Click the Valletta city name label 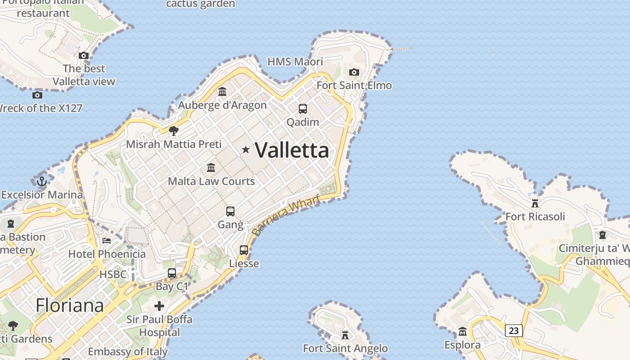[292, 150]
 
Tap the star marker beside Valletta [246, 149]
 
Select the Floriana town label [70, 306]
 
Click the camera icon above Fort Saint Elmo [354, 72]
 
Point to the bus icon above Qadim [303, 108]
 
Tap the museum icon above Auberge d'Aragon [222, 92]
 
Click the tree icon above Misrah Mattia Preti [173, 131]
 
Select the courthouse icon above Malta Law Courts [211, 168]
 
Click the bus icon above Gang [230, 211]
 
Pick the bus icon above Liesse [244, 250]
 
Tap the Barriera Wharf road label [285, 215]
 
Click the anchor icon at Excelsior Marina [42, 181]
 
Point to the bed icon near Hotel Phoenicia [107, 240]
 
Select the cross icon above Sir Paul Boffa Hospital [159, 306]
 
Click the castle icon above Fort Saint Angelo [345, 335]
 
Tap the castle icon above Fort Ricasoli [535, 203]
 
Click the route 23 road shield [513, 331]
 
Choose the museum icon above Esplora [463, 332]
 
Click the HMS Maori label [295, 62]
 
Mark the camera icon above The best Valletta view [84, 56]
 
